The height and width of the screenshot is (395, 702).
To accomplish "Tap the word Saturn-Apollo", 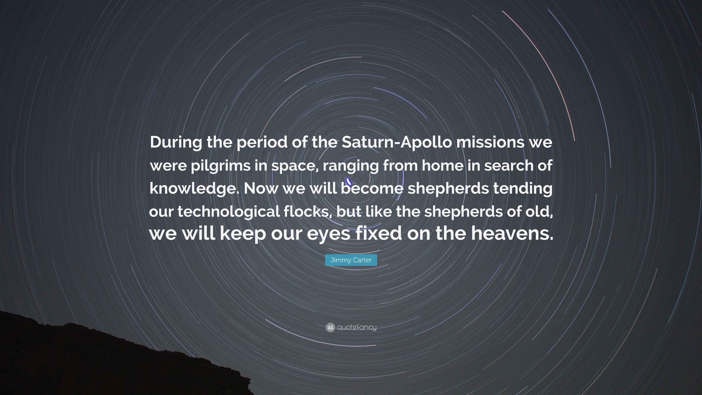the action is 397,143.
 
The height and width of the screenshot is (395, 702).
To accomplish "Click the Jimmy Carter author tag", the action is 351,260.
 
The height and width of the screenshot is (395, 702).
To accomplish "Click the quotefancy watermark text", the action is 357,327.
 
